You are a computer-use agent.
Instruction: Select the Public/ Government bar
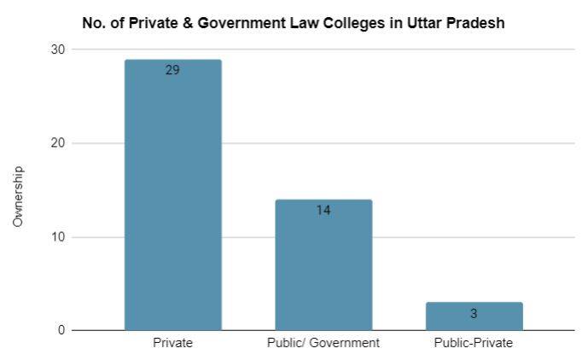[x=323, y=264]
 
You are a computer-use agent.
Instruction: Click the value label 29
[x=172, y=70]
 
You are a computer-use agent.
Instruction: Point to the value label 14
[x=323, y=210]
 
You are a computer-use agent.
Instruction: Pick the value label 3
[x=474, y=313]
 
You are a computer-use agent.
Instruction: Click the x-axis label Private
[x=172, y=343]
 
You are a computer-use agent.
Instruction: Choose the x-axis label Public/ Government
[x=323, y=343]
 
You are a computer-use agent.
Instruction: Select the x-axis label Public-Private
[x=474, y=343]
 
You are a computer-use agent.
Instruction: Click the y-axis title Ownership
[x=18, y=196]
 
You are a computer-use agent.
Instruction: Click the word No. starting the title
[x=94, y=23]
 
